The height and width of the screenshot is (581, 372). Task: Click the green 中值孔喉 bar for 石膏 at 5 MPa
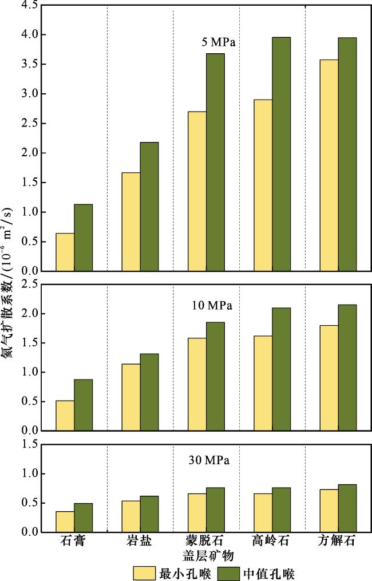tap(83, 238)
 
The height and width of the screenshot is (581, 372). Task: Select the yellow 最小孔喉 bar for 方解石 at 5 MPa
tap(329, 165)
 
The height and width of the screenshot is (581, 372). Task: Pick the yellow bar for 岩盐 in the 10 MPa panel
tap(131, 397)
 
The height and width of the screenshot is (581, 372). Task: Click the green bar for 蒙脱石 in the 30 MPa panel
tap(215, 510)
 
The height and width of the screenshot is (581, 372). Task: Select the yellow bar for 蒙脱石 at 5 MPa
tap(197, 191)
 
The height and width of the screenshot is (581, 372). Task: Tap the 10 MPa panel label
tap(212, 306)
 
